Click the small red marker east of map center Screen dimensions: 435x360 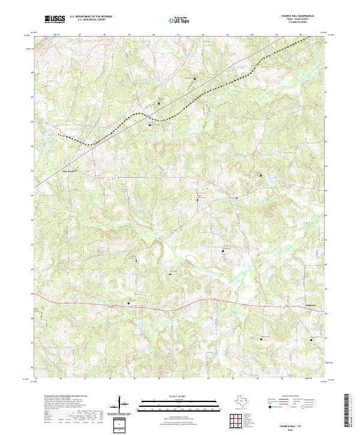coord(236,198)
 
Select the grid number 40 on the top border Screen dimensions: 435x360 coord(154,35)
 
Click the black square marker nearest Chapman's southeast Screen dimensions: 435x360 coord(311,339)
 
